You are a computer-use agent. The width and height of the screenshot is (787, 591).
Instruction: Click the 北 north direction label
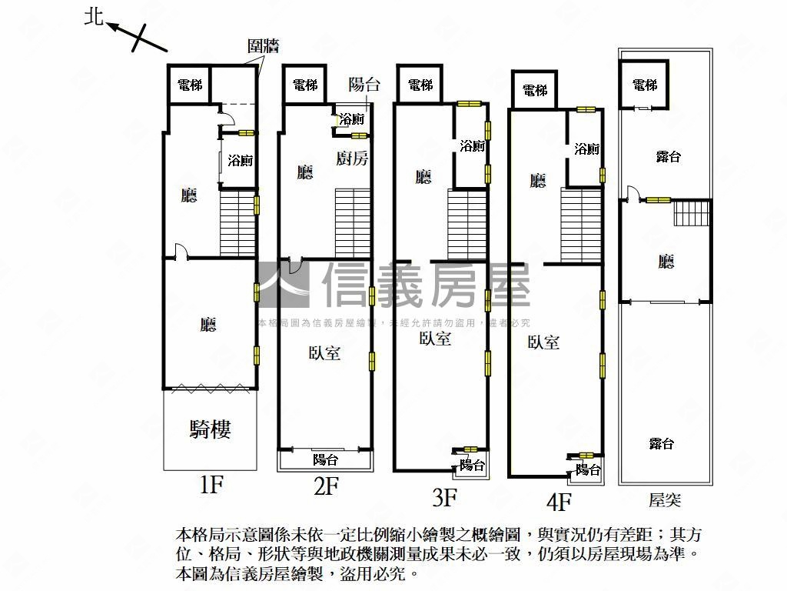[x=94, y=17]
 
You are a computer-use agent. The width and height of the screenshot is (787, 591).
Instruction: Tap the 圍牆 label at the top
[x=264, y=45]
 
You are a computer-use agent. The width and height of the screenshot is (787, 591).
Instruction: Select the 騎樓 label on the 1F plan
[x=210, y=429]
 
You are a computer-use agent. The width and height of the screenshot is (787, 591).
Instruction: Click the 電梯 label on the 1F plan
[x=190, y=85]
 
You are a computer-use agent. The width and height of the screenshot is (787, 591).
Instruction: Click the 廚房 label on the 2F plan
[x=353, y=159]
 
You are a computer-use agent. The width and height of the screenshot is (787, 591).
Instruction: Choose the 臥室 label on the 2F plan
[x=325, y=353]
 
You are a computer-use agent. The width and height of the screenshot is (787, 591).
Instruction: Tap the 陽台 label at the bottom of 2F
[x=325, y=460]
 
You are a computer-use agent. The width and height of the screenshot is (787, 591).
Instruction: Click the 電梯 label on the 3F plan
[x=420, y=85]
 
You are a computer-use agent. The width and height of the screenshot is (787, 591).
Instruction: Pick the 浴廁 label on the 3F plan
[x=472, y=145]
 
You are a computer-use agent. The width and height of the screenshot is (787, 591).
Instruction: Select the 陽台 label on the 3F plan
[x=472, y=465]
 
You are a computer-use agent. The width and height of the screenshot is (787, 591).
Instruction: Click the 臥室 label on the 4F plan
[x=543, y=342]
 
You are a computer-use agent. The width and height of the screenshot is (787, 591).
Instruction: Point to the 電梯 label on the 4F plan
[x=535, y=91]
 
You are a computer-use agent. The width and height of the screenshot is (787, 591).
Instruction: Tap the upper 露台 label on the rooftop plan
[x=668, y=157]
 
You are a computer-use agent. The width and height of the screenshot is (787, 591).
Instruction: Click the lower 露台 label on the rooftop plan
[x=661, y=443]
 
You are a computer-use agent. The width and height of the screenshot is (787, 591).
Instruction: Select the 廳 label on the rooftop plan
[x=666, y=262]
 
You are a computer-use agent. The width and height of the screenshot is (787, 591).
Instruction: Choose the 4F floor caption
[x=559, y=502]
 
